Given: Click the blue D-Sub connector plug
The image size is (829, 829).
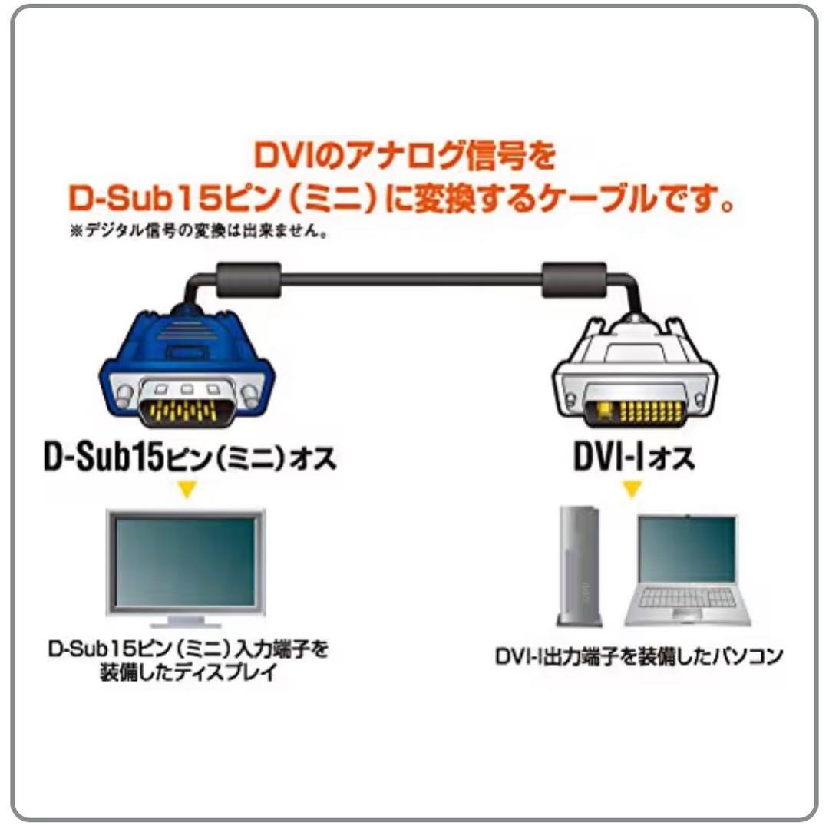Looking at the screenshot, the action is pos(187,365).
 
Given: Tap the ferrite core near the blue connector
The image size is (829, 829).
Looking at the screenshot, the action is pos(249,280).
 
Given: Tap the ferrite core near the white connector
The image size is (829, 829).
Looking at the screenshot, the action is pos(574,280).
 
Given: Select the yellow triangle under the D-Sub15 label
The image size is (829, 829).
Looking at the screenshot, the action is pos(187,488).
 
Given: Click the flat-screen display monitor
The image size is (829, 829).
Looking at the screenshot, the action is pos(186,568).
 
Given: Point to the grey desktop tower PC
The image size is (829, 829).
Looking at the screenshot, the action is pos(579,566).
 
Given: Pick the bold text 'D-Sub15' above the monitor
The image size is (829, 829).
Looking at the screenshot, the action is pos(103,456).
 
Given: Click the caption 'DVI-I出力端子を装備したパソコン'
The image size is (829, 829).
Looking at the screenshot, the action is pos(639,656).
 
